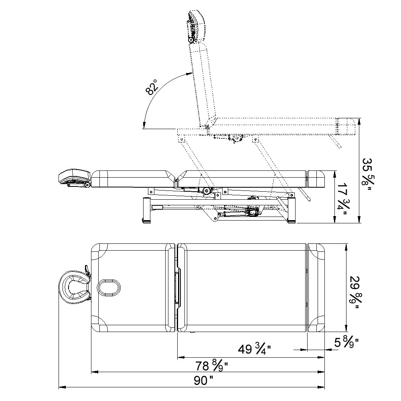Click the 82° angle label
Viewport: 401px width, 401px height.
tap(152, 87)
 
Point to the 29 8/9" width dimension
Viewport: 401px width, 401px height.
tap(354, 292)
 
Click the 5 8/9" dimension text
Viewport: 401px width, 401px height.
tap(346, 342)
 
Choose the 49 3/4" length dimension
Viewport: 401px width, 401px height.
tap(255, 349)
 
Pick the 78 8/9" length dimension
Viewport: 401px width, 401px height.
tap(211, 366)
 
